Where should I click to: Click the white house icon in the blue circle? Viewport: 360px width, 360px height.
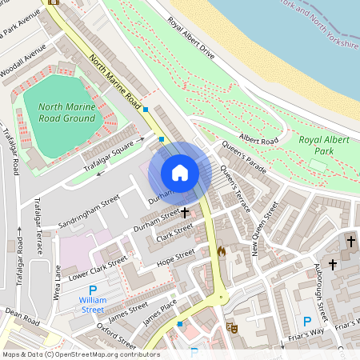(x=180, y=173)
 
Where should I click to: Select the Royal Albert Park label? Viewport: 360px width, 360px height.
(x=325, y=145)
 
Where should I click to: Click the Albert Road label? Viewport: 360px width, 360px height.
(x=258, y=140)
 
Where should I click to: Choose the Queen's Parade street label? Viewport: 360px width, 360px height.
(x=244, y=158)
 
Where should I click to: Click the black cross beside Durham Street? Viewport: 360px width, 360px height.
(x=186, y=213)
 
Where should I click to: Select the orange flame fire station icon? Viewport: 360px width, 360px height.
(x=222, y=250)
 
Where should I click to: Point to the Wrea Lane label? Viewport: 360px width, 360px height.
(x=57, y=284)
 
